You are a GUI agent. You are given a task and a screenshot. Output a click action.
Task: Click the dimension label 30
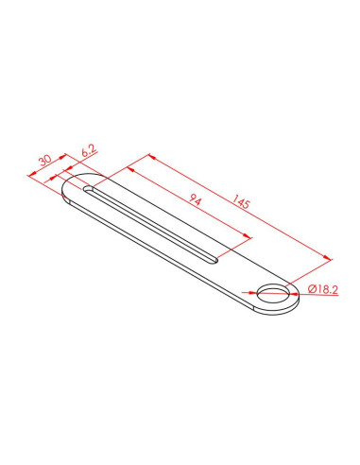click(x=45, y=160)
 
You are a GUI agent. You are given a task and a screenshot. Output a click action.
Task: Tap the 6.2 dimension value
click(x=89, y=151)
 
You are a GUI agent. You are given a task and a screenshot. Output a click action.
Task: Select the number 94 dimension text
click(x=195, y=199)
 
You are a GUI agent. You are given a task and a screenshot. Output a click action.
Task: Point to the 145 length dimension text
click(x=241, y=201)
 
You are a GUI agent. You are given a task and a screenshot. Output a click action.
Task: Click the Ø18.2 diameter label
click(x=323, y=289)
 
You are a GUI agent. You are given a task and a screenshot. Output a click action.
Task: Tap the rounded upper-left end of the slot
click(x=87, y=189)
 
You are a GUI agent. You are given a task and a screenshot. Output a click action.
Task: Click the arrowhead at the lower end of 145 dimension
click(x=328, y=258)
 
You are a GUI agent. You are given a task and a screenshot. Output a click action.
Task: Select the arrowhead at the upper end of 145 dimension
click(x=152, y=156)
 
